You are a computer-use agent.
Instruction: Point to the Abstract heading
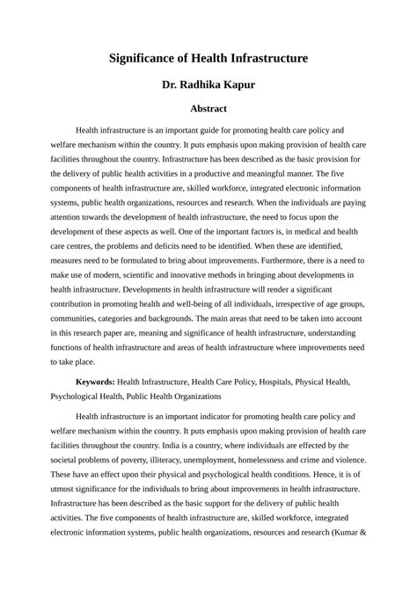(208, 109)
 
